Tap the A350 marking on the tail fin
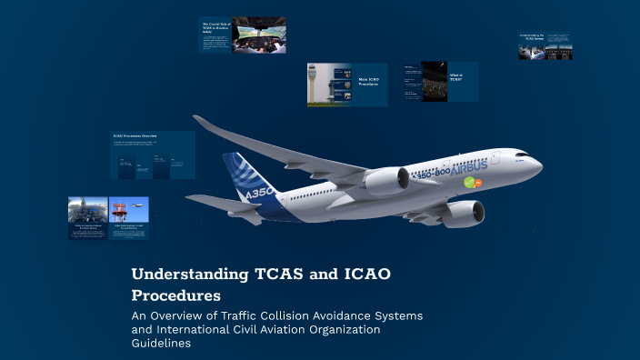(258, 194)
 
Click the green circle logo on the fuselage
(470, 183)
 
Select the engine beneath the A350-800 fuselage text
(387, 181)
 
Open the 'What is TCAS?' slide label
(455, 76)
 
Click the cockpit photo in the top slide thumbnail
(258, 35)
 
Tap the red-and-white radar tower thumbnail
(128, 212)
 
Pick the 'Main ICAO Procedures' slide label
(367, 81)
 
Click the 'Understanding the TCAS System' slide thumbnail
(545, 47)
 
